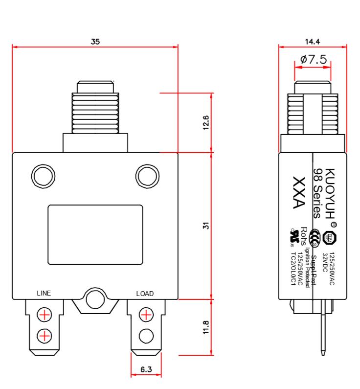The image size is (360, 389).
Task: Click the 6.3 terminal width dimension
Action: (x=146, y=370)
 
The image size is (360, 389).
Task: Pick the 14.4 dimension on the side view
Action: (x=313, y=42)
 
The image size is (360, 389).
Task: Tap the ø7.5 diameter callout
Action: (x=313, y=60)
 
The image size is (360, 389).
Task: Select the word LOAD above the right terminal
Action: (x=145, y=294)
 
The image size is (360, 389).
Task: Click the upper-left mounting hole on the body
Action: (x=42, y=175)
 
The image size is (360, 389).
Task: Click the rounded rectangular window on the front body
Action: (x=95, y=234)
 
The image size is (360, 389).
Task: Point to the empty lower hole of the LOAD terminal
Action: (x=146, y=335)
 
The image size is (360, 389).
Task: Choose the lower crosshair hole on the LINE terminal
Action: (x=45, y=335)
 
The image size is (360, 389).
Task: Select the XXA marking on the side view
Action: (x=298, y=193)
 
